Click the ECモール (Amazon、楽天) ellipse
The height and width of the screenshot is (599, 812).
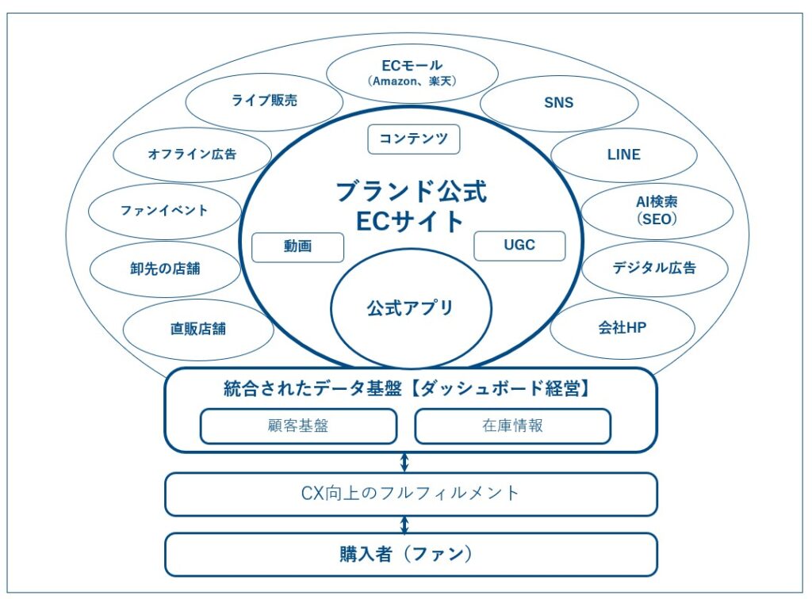(x=412, y=73)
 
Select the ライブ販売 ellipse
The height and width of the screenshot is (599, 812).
(x=265, y=101)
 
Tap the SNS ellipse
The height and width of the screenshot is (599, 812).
(x=559, y=103)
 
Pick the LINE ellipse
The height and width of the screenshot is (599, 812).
(x=623, y=155)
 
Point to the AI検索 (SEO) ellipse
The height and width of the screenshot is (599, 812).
(x=657, y=212)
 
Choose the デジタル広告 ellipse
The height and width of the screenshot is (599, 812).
(x=654, y=268)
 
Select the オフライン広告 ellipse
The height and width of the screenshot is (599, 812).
(x=192, y=155)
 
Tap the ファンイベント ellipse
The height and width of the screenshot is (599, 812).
(x=164, y=211)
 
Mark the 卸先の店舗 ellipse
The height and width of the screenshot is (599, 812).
(x=165, y=269)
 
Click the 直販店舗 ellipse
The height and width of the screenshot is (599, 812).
(x=198, y=328)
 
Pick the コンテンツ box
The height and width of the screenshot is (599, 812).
(x=414, y=139)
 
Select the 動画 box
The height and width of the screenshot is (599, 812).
(x=297, y=246)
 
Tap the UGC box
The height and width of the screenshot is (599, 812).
(x=519, y=246)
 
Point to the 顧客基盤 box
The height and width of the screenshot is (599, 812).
(x=298, y=425)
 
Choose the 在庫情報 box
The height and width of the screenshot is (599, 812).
(x=513, y=425)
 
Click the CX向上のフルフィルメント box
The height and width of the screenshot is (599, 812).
(x=411, y=494)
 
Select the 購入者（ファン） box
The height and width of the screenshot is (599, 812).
(x=411, y=554)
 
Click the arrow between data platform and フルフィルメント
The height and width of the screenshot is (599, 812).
(x=404, y=463)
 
